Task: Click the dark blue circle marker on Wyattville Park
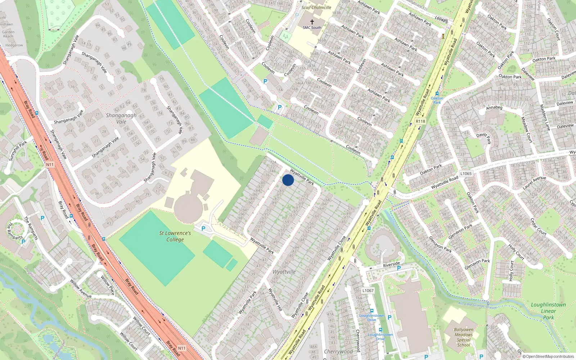tap(288, 180)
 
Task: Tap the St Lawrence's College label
tap(175, 236)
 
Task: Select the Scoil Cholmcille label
tap(316, 7)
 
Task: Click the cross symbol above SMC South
tap(312, 22)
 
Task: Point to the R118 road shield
tap(420, 121)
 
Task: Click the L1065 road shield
tap(466, 174)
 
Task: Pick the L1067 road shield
tap(368, 291)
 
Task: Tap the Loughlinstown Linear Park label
tap(548, 311)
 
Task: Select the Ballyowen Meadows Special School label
tap(464, 337)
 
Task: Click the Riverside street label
tap(391, 265)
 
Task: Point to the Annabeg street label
tap(494, 108)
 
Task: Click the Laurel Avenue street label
tap(534, 183)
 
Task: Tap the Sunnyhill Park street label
tap(18, 151)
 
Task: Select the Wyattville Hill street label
tap(275, 300)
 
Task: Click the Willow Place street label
tap(107, 285)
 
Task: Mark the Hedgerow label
tap(14, 45)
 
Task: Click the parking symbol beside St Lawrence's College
tap(203, 228)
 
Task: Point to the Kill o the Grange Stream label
tap(477, 305)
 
